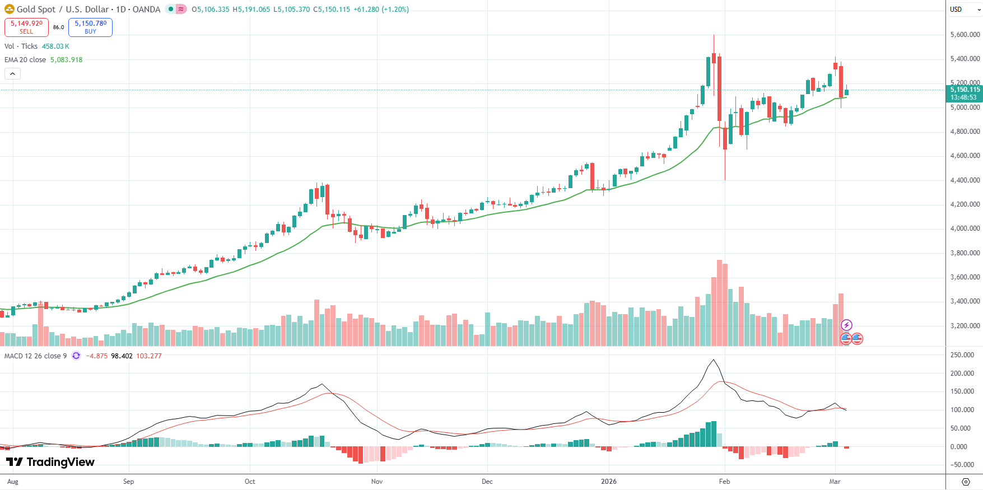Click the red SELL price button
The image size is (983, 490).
click(26, 27)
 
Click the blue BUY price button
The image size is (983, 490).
click(90, 27)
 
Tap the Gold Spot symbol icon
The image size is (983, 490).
click(9, 9)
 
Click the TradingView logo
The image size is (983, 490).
click(50, 462)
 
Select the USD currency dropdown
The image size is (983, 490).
click(963, 9)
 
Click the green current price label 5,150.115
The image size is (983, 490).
click(965, 90)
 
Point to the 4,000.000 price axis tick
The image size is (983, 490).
click(965, 228)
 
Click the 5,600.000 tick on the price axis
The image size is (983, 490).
click(965, 35)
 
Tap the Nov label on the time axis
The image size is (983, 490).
click(377, 482)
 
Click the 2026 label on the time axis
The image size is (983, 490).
click(608, 482)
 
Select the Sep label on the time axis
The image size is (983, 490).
click(128, 482)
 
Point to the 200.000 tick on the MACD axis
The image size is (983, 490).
click(962, 374)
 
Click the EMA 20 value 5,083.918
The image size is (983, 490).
click(66, 60)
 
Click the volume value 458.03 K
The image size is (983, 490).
click(55, 46)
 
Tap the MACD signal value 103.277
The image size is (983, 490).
click(149, 356)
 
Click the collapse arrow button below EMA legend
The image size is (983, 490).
click(12, 73)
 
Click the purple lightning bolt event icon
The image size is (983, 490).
click(846, 325)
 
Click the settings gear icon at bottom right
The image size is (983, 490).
click(966, 482)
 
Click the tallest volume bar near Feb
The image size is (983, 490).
click(719, 302)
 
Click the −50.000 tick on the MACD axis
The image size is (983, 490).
click(962, 465)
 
